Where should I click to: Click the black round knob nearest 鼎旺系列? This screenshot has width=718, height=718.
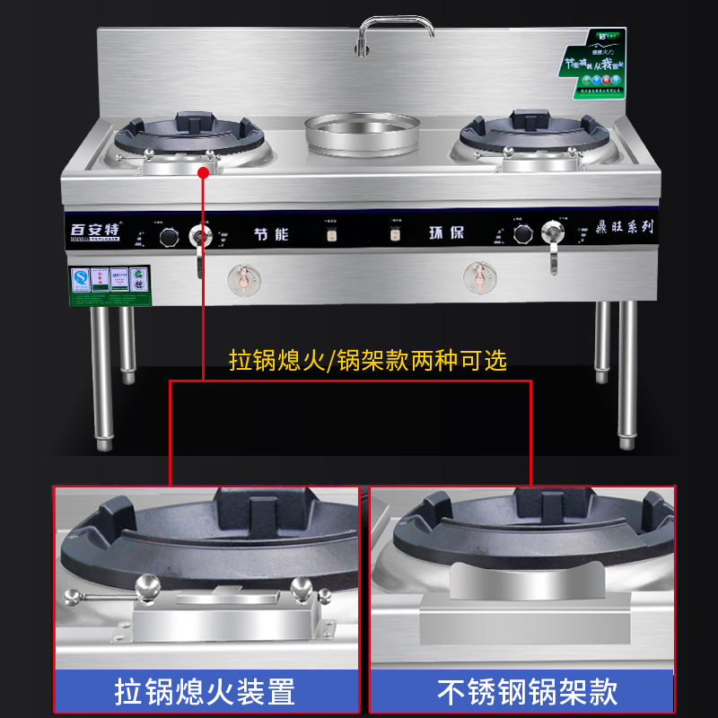522,234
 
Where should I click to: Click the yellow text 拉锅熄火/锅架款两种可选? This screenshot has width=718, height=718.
368,361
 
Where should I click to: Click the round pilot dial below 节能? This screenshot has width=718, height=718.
241,279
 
